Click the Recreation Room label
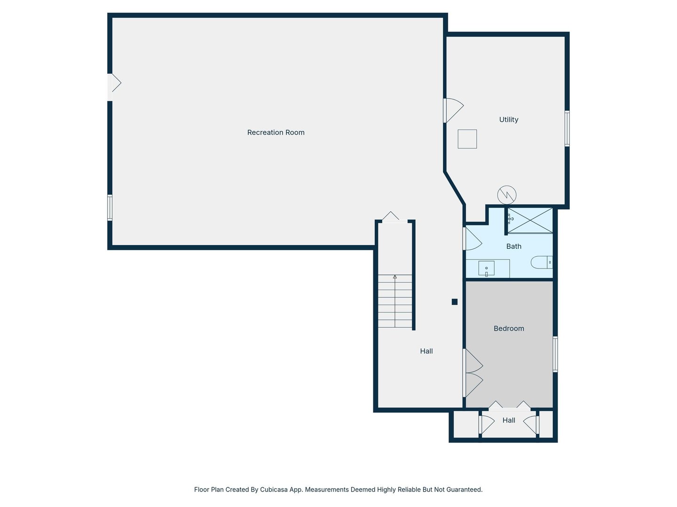[x=276, y=132]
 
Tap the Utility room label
[x=509, y=120]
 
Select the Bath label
[x=513, y=246]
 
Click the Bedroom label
[x=509, y=329]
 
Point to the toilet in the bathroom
[x=541, y=262]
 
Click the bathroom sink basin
[x=486, y=269]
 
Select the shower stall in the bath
[x=530, y=220]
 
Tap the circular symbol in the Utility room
[x=507, y=195]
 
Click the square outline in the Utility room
[x=467, y=139]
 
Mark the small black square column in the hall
[x=455, y=302]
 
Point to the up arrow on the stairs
[x=395, y=277]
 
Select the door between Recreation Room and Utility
[x=452, y=110]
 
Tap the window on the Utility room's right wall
[x=567, y=128]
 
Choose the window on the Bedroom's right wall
[x=555, y=354]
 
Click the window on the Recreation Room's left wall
[x=110, y=207]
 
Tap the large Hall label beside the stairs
[x=426, y=351]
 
